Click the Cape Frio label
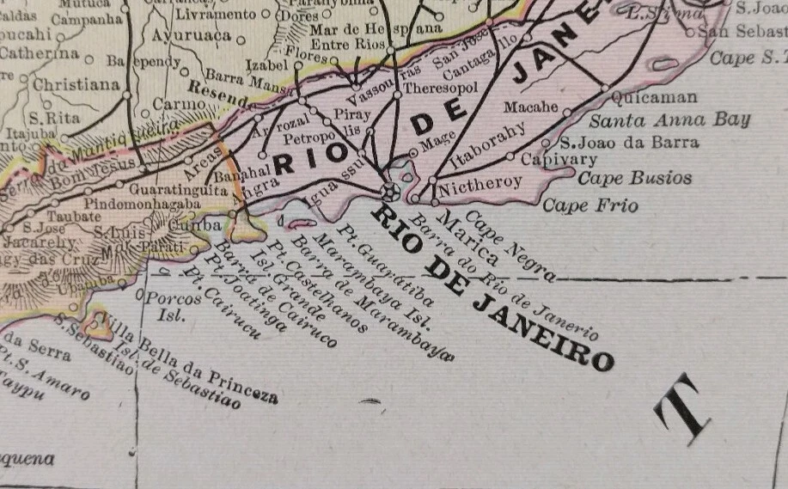[x=589, y=205]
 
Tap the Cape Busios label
[x=634, y=179]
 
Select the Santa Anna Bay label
[x=669, y=119]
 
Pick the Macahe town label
[x=530, y=108]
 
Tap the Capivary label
[x=559, y=160]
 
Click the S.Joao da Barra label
[x=630, y=143]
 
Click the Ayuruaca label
[x=191, y=36]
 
